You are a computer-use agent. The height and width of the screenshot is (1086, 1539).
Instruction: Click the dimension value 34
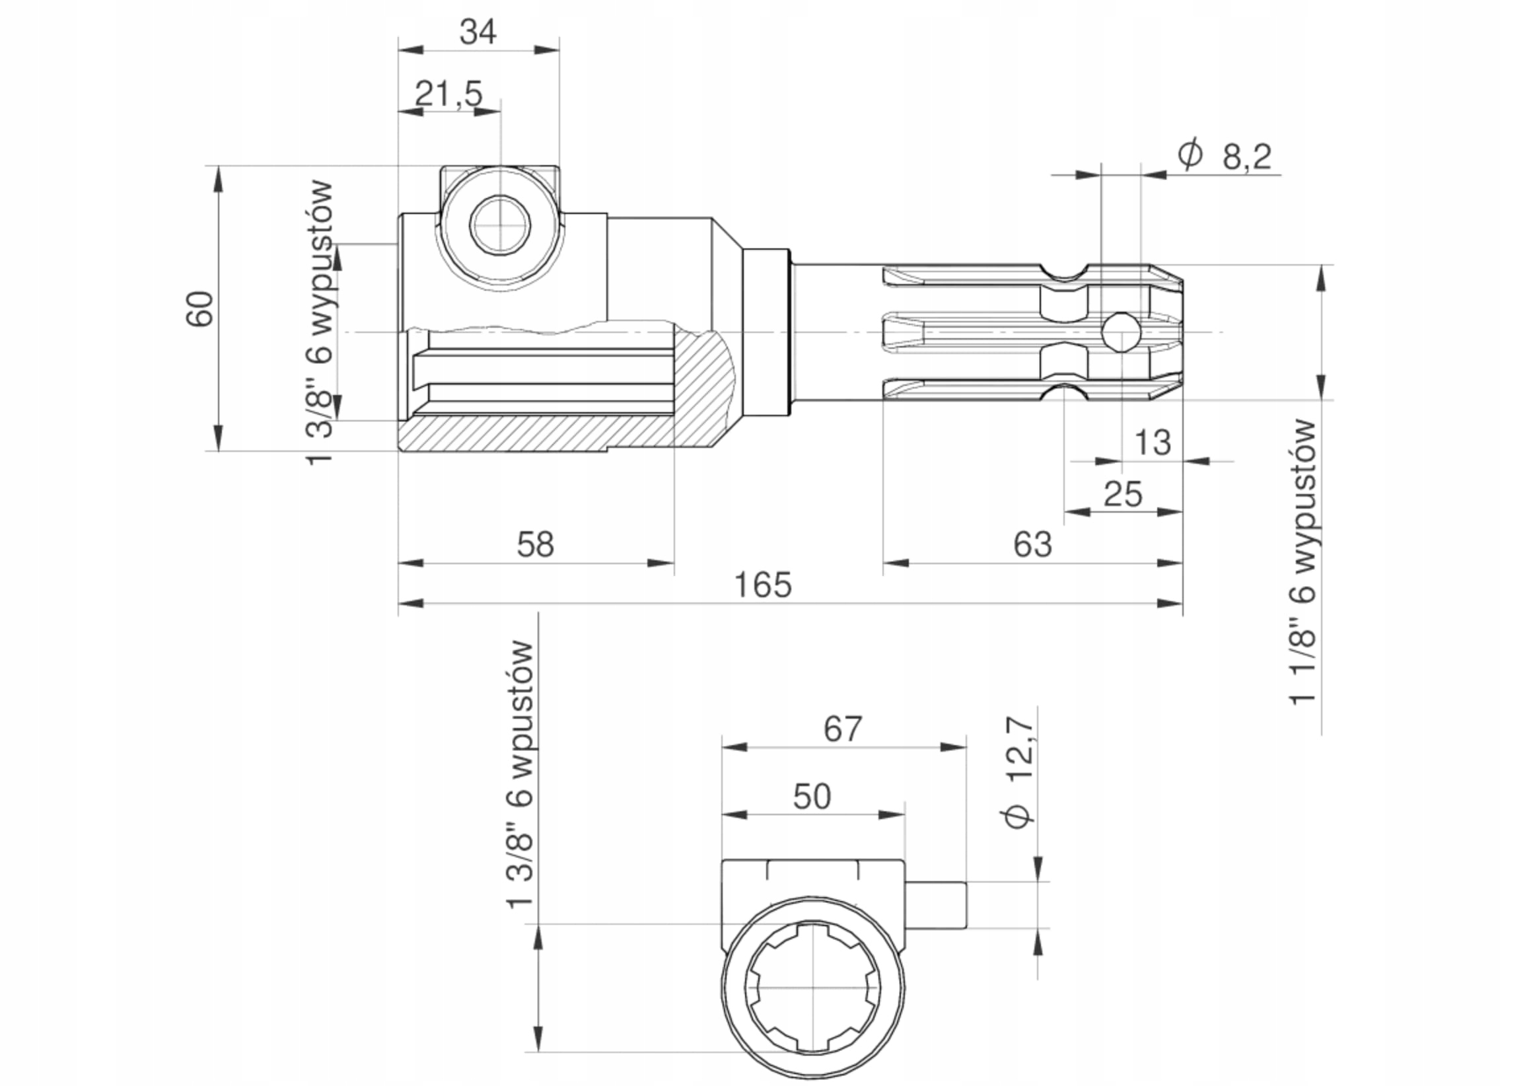click(x=478, y=32)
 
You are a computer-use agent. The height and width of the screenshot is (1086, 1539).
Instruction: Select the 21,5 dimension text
click(x=448, y=93)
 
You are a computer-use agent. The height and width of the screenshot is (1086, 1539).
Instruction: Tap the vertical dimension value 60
click(x=199, y=308)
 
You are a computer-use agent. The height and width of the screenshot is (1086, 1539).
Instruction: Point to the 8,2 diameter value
click(x=1246, y=157)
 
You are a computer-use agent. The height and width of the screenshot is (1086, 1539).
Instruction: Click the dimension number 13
click(x=1152, y=443)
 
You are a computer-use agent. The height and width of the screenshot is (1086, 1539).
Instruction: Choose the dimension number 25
click(x=1123, y=495)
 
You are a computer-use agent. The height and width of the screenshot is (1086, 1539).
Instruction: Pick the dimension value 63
click(x=1032, y=544)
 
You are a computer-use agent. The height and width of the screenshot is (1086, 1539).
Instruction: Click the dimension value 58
click(x=536, y=544)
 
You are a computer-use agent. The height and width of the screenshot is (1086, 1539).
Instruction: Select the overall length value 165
click(x=763, y=585)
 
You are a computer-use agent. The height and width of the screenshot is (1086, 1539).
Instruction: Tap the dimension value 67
click(x=843, y=729)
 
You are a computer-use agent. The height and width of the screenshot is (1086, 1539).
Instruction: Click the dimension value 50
click(x=812, y=797)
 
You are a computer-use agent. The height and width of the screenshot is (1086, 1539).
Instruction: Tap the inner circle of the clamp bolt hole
click(x=500, y=225)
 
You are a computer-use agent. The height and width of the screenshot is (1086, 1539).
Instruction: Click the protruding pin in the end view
click(x=936, y=905)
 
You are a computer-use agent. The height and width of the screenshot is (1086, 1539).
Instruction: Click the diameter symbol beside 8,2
click(x=1190, y=155)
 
